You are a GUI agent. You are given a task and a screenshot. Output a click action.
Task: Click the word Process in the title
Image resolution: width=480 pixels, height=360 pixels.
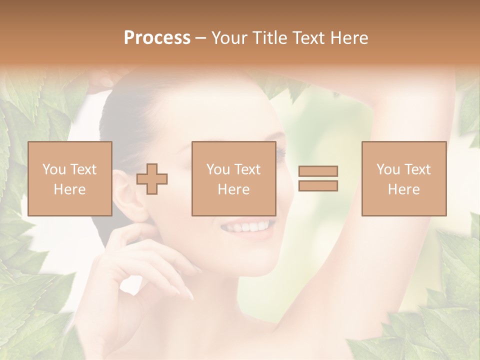[x=157, y=38]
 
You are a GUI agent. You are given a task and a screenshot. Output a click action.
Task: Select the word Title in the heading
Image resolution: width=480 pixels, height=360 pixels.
[x=270, y=38]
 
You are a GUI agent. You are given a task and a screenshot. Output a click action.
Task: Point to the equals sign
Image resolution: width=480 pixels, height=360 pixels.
[x=318, y=178]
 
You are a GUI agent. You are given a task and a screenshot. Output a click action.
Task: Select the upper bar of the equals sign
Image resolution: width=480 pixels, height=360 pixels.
[x=318, y=171]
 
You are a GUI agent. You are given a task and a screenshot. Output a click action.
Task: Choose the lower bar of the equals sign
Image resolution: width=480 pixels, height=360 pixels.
[x=318, y=185]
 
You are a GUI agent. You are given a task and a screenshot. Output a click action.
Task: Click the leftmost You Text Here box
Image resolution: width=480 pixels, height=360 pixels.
[x=69, y=178]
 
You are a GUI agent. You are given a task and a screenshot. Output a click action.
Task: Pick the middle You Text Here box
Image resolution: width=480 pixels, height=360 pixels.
[x=233, y=178]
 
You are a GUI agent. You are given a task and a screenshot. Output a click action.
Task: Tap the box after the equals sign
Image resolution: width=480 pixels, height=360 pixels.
[x=404, y=178]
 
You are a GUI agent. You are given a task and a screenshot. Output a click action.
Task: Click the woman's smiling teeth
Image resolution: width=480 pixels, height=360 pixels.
[x=247, y=228]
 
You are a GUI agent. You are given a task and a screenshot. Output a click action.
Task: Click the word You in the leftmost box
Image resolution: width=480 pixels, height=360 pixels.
[x=54, y=169]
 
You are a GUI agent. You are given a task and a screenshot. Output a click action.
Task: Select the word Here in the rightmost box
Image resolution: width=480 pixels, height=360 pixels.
[x=403, y=189]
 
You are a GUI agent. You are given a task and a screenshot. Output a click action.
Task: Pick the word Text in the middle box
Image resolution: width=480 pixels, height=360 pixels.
[x=247, y=169]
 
